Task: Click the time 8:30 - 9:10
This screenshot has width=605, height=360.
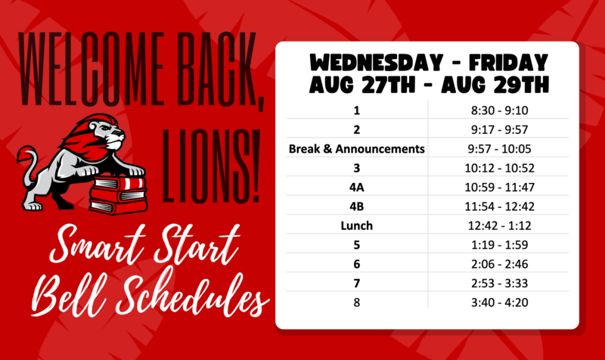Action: click(499, 110)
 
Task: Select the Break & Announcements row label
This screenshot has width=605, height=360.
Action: click(356, 149)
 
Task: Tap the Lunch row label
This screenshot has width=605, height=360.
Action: click(356, 225)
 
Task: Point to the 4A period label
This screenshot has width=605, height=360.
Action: click(356, 188)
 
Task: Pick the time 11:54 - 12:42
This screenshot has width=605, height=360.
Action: click(499, 206)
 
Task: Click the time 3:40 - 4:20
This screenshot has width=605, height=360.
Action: click(499, 303)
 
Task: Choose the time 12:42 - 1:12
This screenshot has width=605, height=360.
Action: click(499, 225)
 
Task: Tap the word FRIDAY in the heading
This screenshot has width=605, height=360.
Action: click(508, 63)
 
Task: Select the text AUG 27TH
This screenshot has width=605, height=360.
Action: click(362, 85)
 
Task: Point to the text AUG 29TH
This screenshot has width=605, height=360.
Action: click(495, 85)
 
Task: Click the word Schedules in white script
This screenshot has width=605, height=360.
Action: click(192, 295)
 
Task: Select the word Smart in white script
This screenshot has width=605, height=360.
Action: click(98, 244)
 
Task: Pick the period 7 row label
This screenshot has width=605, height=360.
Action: click(356, 283)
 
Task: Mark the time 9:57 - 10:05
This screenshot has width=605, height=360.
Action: click(499, 149)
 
